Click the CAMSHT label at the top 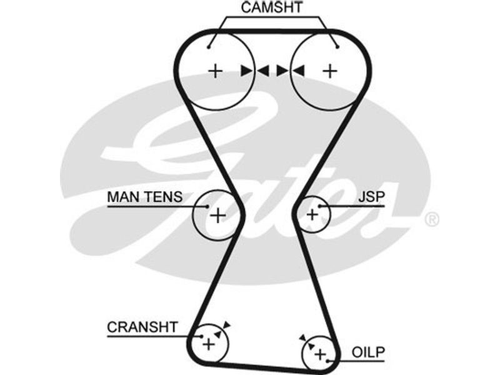271,8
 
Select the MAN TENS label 144,197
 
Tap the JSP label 371,197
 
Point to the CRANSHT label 142,327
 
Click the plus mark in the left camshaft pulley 215,71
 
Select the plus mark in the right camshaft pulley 329,71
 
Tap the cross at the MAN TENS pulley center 217,216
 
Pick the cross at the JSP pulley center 312,215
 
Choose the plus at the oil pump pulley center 320,355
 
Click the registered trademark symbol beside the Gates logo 431,219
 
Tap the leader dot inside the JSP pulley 319,206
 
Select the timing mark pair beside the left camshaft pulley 254,71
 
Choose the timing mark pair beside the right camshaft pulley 291,71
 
